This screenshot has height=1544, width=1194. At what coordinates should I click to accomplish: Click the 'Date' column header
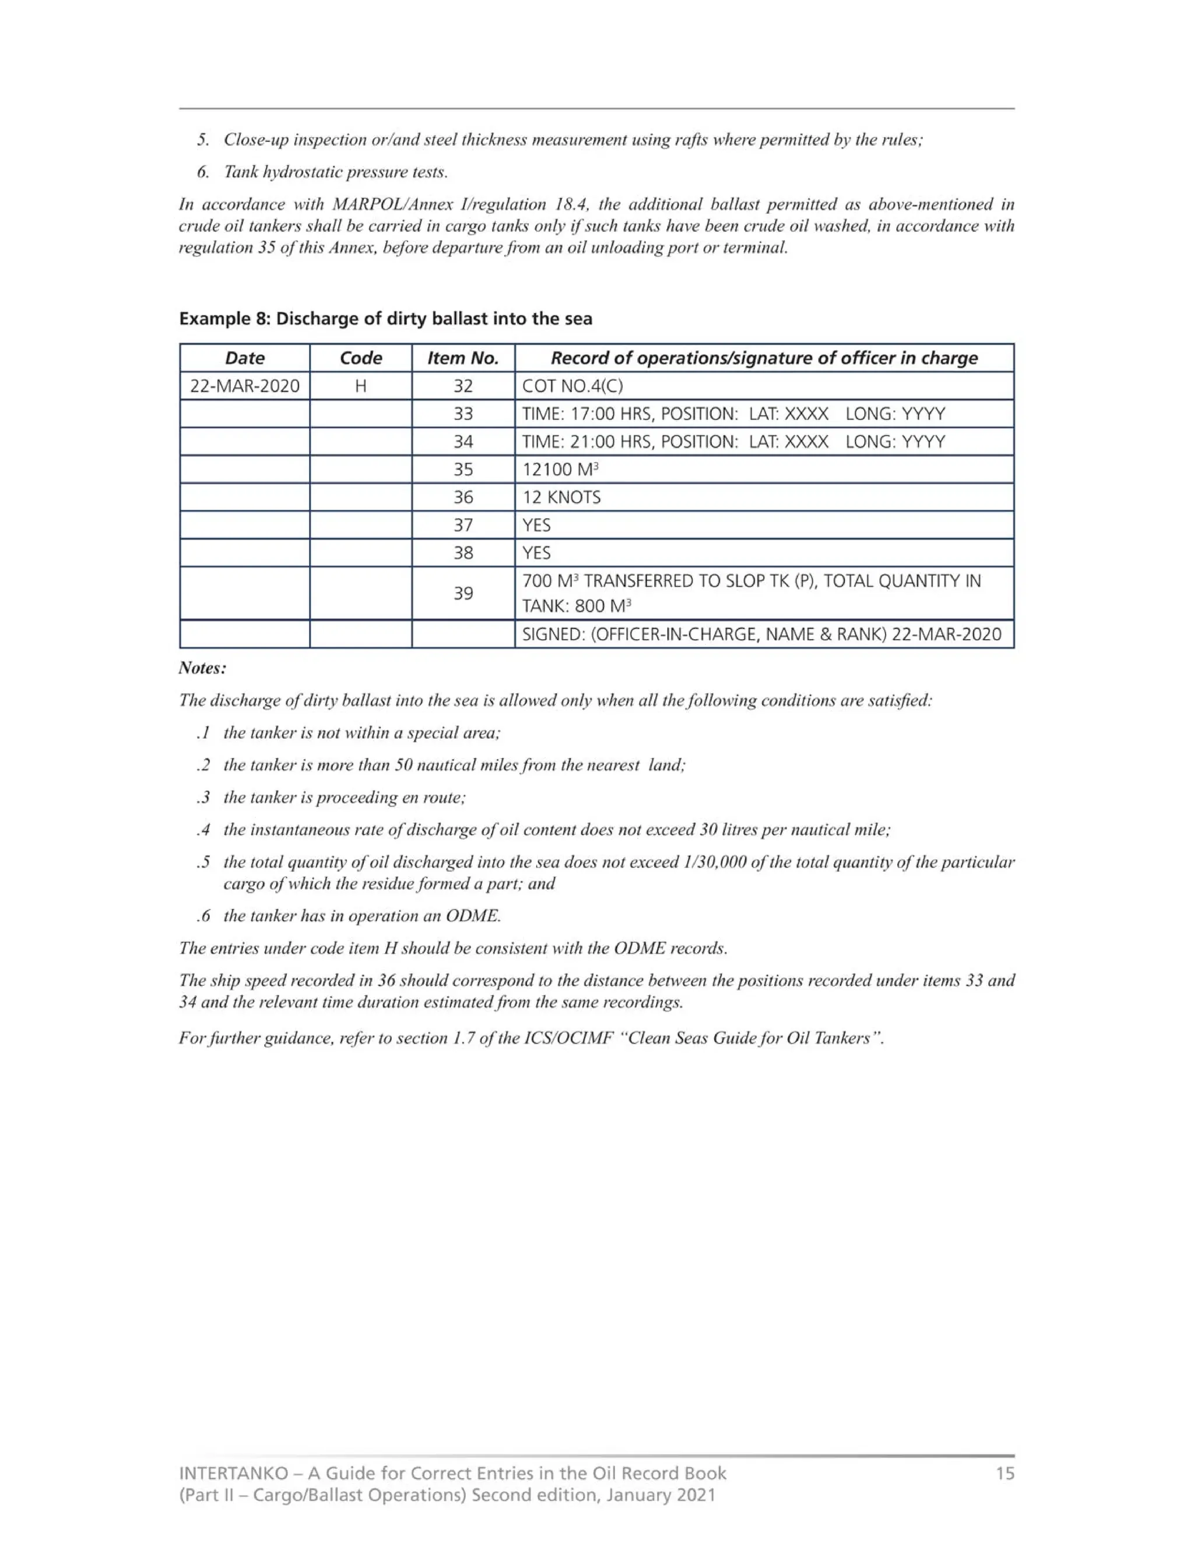click(x=245, y=358)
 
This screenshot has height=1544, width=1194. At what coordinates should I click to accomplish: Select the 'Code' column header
click(x=361, y=358)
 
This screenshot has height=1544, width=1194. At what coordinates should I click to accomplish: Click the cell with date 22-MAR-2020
click(x=245, y=386)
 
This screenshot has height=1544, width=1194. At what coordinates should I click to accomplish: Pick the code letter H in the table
click(x=361, y=386)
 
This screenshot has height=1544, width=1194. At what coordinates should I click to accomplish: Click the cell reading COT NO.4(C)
click(x=573, y=386)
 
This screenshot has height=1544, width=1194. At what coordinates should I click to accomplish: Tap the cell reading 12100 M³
click(x=560, y=470)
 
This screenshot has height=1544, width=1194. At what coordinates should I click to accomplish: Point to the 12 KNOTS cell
click(x=561, y=497)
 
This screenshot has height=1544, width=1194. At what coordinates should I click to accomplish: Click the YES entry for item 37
click(x=536, y=526)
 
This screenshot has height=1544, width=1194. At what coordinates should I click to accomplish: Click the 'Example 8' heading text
click(x=224, y=319)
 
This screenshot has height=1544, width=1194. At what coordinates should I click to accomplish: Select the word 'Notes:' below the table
click(x=202, y=668)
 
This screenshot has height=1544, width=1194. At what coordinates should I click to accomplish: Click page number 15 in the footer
click(x=1005, y=1474)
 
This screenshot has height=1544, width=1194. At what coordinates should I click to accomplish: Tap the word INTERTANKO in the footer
click(x=233, y=1474)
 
